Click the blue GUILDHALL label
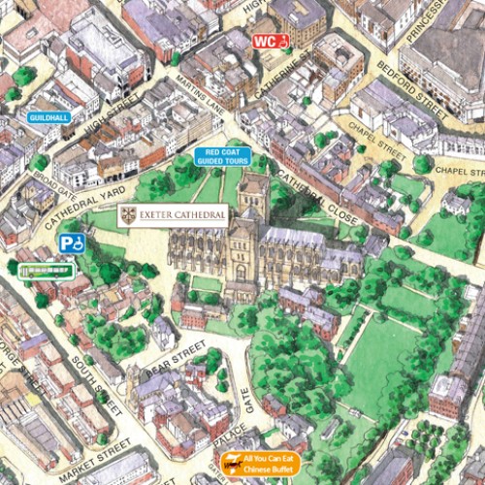coord(48,116)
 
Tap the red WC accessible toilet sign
coord(272,42)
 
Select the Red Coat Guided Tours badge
coord(222,156)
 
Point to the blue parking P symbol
coord(70,243)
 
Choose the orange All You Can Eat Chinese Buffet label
coord(260,463)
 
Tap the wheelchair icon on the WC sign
coord(283,42)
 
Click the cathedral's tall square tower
coord(253,199)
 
